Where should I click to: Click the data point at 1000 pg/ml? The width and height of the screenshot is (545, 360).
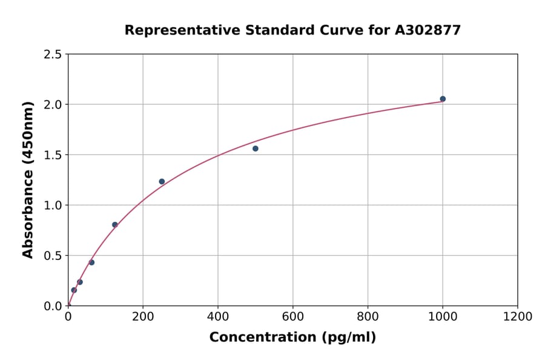point(443,99)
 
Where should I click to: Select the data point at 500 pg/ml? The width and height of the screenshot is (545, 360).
point(256,148)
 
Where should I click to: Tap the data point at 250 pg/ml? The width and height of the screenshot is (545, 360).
point(162,181)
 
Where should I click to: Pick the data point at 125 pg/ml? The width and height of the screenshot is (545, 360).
point(115,225)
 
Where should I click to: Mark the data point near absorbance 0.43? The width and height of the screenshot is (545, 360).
point(91,262)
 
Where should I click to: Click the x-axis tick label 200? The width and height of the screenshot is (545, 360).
point(143,316)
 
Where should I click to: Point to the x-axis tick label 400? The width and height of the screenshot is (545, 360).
point(218,316)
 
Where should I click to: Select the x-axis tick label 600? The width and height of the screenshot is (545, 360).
point(292,316)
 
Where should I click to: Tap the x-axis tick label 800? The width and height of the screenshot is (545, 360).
point(368,316)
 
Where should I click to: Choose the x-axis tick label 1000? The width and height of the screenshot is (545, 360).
point(443,316)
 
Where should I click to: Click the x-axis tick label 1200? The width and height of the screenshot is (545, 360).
point(518,316)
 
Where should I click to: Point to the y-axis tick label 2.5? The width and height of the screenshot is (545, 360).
point(53,55)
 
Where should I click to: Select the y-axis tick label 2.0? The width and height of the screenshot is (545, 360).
point(53,105)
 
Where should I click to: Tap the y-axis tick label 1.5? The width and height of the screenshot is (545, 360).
point(53,155)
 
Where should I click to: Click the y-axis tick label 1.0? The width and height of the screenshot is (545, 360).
point(53,205)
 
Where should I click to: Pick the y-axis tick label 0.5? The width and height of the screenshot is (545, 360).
point(53,256)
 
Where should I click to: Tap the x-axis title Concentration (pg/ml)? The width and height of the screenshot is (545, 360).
point(292,338)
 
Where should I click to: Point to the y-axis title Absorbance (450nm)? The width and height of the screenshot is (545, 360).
point(28,179)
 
